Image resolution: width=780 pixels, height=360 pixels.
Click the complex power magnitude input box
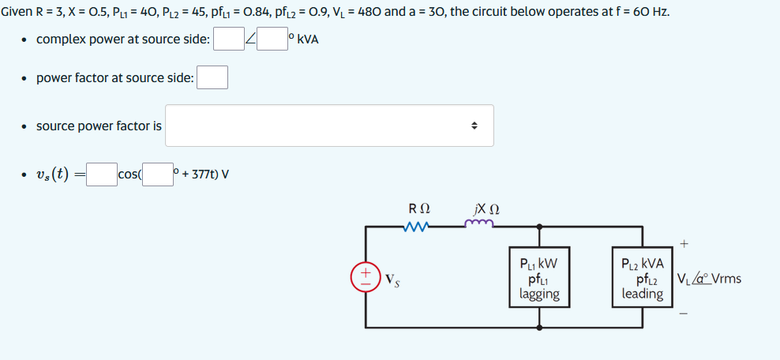coord(228,39)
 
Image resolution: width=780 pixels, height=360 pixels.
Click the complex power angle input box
coord(272,39)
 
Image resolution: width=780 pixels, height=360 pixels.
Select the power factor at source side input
coord(212,78)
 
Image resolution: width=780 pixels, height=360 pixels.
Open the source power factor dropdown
coord(329,126)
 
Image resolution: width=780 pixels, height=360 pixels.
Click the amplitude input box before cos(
coord(101,174)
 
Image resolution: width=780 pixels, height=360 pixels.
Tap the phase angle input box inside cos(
coord(157,174)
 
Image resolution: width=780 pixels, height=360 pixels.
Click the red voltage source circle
coord(366,278)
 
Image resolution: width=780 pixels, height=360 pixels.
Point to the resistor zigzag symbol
coord(417,227)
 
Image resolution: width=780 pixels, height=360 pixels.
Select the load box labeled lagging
coord(539,278)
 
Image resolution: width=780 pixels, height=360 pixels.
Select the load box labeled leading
coord(642,278)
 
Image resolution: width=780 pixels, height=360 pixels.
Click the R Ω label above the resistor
coord(418,209)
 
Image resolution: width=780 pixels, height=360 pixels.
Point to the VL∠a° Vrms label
coord(709,279)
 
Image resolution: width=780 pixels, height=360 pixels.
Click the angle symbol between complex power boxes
coord(250,39)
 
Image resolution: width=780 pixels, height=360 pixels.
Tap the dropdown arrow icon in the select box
coord(474,126)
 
